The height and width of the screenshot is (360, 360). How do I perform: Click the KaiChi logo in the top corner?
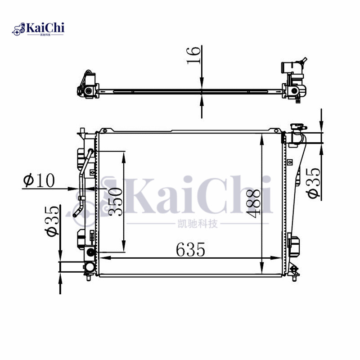(38, 29)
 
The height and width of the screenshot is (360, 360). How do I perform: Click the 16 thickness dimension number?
(193, 55)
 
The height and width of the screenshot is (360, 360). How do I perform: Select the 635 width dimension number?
(190, 250)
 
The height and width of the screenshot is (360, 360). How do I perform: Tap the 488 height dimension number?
(253, 203)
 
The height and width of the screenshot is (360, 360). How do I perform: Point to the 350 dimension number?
(115, 201)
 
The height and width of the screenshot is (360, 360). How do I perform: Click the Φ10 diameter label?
(39, 180)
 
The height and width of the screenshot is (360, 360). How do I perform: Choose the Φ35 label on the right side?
(313, 183)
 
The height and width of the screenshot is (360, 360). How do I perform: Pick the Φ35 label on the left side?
(52, 221)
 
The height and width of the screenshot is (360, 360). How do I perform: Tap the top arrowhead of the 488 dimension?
(262, 139)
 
